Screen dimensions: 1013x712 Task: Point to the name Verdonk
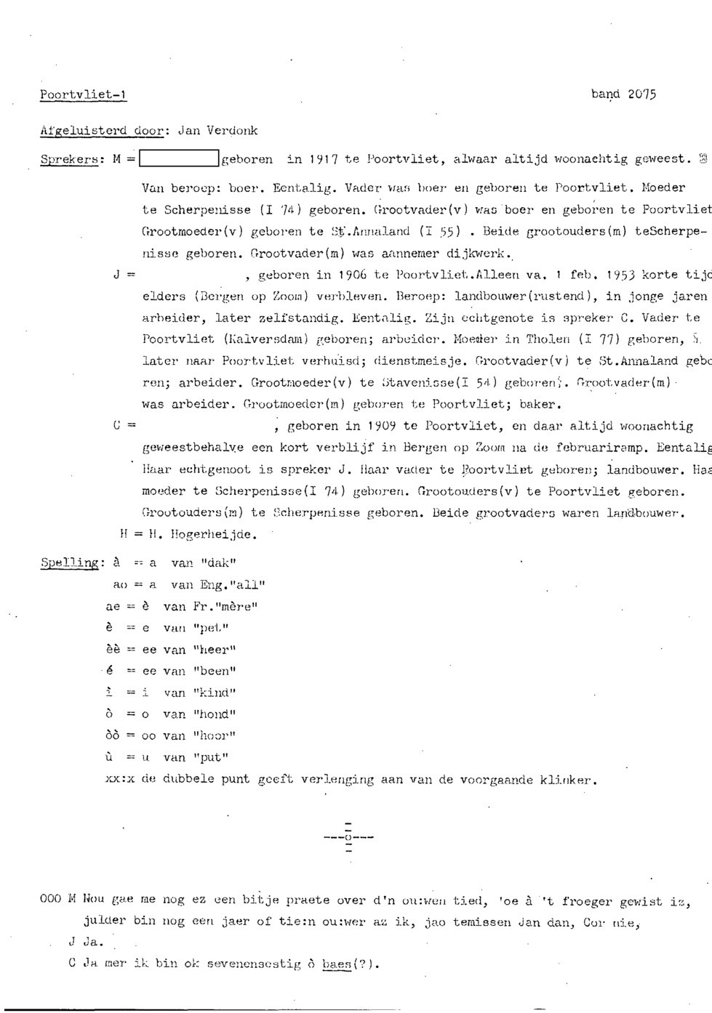232,131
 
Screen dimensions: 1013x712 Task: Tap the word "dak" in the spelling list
220,562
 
